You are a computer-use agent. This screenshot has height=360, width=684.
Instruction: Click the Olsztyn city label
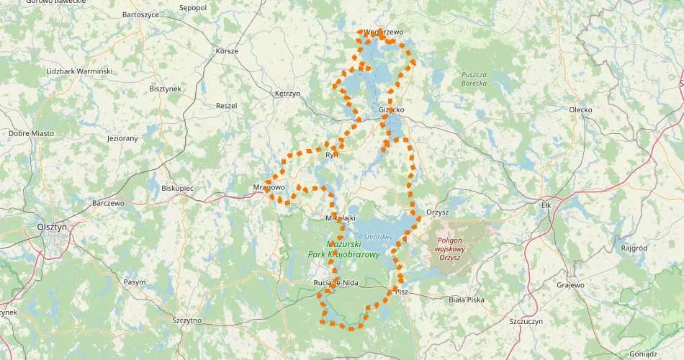tap(51, 226)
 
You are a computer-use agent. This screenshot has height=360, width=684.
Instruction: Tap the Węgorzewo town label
tap(384, 32)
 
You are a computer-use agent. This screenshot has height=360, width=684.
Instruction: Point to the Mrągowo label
tap(270, 186)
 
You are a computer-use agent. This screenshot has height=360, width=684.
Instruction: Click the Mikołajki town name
tap(341, 217)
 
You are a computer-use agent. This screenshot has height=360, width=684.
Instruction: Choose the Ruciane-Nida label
tap(336, 282)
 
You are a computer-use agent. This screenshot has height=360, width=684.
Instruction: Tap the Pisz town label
tap(401, 292)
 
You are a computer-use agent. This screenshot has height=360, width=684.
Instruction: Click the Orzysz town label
tap(437, 212)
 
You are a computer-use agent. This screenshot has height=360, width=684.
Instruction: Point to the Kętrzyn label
tap(287, 94)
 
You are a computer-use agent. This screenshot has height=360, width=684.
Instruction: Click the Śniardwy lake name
tap(377, 235)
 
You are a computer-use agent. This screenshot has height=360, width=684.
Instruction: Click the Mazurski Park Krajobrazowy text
tap(343, 249)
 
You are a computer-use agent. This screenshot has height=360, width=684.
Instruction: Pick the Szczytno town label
tap(186, 320)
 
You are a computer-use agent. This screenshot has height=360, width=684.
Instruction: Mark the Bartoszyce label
tap(140, 14)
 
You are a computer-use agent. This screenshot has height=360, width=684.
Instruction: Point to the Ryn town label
tap(332, 155)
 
